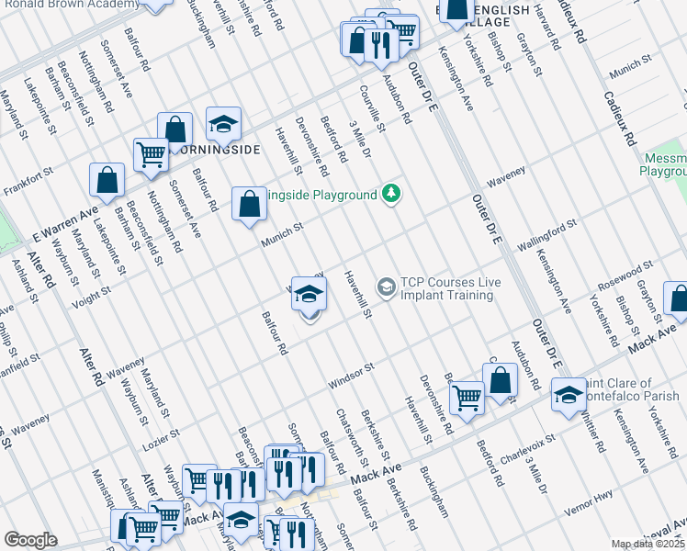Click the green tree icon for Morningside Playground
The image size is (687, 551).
(392, 195)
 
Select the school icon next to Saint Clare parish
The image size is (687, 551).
(569, 396)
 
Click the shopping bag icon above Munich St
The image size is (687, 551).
(249, 205)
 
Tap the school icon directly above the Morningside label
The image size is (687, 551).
(222, 124)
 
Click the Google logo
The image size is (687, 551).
(30, 540)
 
